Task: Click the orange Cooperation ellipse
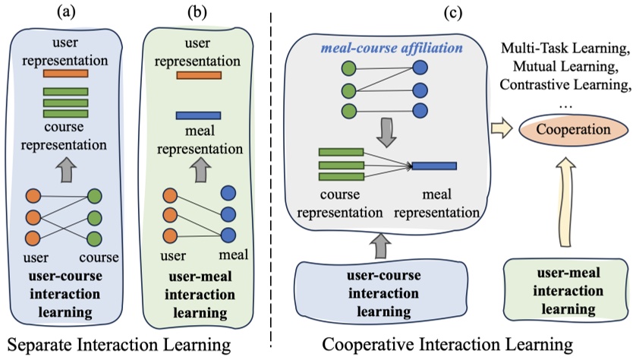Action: coord(568,130)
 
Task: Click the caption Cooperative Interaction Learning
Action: coord(448,346)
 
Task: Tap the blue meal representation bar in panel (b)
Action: coord(198,115)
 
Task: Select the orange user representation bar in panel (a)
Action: coord(65,74)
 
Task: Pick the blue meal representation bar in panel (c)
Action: coord(434,166)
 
